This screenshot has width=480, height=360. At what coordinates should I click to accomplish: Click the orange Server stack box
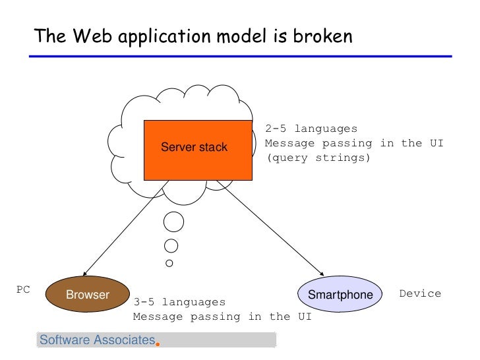197,150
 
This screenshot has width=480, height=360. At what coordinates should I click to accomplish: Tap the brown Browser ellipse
87,294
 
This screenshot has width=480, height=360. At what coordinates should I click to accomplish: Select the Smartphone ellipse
340,294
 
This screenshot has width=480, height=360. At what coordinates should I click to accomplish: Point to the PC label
23,289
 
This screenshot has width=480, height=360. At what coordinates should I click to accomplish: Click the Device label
420,293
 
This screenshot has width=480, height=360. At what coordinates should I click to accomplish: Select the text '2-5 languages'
311,129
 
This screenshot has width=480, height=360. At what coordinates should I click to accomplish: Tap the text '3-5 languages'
179,302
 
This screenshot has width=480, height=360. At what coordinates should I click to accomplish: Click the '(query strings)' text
318,158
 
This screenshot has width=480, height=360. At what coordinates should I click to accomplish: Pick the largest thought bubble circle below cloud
173,222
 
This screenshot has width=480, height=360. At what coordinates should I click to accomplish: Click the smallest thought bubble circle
169,264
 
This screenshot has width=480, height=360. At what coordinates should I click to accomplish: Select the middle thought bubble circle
171,247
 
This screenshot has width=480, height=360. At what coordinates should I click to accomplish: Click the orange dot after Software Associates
158,343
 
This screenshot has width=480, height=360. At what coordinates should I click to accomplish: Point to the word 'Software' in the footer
64,340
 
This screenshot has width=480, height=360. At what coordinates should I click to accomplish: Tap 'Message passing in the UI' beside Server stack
354,144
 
